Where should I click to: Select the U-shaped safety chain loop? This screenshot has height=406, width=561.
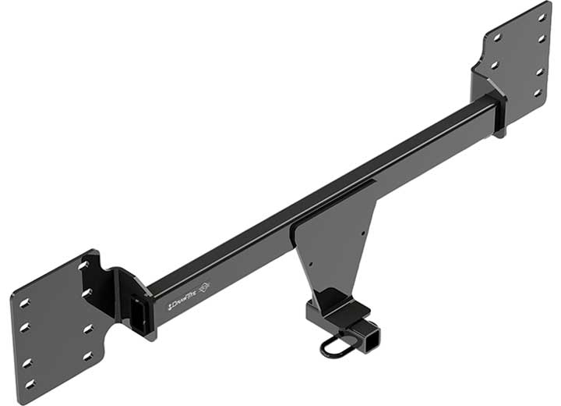pyautogui.click(x=336, y=345)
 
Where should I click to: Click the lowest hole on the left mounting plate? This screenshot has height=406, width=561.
pyautogui.click(x=30, y=383)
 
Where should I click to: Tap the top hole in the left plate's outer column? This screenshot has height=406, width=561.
pyautogui.click(x=24, y=302)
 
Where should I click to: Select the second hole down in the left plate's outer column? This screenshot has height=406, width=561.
pyautogui.click(x=26, y=328)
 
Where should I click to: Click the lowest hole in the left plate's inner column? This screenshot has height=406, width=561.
pyautogui.click(x=87, y=356)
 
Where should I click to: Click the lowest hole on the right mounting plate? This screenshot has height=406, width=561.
pyautogui.click(x=537, y=92)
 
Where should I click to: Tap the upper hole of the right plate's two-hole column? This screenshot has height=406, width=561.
pyautogui.click(x=497, y=37)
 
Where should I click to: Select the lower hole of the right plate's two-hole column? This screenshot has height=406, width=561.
pyautogui.click(x=494, y=66)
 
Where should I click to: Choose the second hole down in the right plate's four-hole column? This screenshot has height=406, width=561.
pyautogui.click(x=542, y=38)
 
